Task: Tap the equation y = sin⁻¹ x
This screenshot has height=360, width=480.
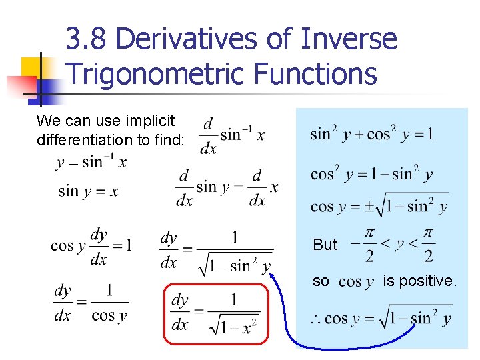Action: pos(91,162)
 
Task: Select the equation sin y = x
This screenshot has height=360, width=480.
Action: pos(88,192)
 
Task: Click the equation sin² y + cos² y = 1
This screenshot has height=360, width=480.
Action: pos(371,133)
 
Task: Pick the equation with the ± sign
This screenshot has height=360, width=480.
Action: pos(379,205)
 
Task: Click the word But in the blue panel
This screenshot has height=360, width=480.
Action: pos(325,245)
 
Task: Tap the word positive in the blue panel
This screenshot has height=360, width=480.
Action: pos(431,281)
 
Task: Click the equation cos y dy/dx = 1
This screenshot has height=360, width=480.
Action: pos(91,247)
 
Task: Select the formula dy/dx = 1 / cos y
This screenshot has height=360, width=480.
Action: pos(91,303)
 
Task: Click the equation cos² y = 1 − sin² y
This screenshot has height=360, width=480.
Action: pos(371,175)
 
